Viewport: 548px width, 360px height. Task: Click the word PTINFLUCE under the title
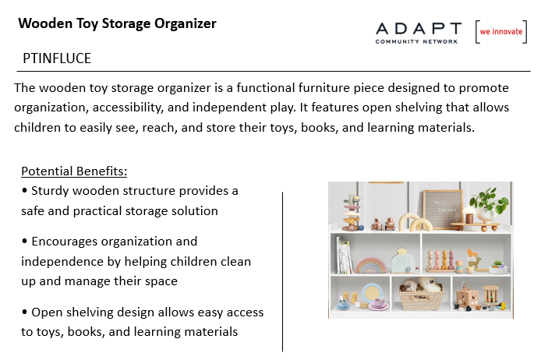click(57, 58)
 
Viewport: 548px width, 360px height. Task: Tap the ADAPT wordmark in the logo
click(419, 28)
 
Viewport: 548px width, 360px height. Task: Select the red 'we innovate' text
click(500, 31)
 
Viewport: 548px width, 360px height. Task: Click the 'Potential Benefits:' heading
click(74, 171)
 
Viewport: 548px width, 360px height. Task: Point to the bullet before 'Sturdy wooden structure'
click(24, 190)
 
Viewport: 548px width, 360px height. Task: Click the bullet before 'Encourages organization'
click(24, 241)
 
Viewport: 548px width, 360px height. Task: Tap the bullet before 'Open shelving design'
click(24, 312)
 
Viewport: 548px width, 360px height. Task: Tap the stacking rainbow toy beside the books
click(371, 266)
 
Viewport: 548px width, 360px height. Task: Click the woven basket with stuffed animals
click(421, 295)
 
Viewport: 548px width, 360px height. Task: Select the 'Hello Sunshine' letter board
click(442, 209)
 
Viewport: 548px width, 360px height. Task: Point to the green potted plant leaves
click(489, 200)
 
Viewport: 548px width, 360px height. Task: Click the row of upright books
click(344, 255)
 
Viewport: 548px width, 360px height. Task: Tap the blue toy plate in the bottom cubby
click(373, 293)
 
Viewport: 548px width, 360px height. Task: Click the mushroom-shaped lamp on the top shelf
click(469, 215)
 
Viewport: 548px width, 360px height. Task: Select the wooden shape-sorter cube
click(466, 296)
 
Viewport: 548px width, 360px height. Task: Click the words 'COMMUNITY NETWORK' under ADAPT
click(416, 41)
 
